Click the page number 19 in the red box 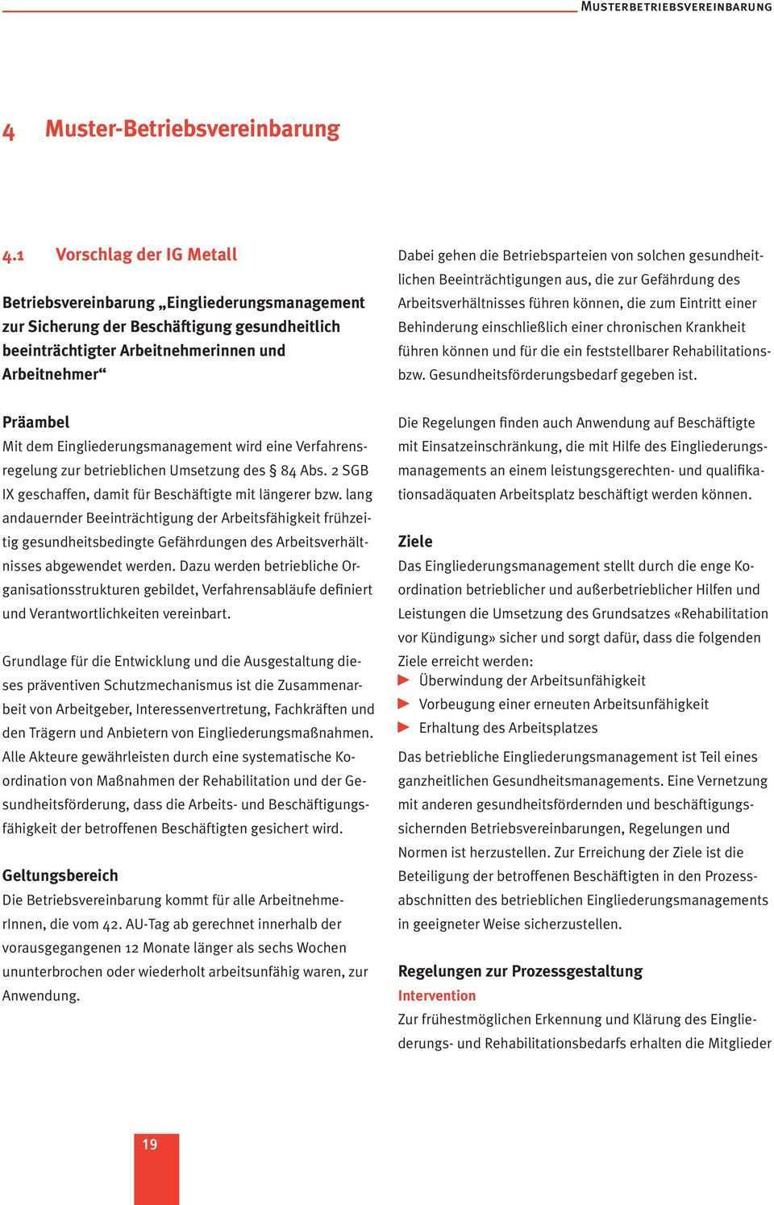coord(150,1145)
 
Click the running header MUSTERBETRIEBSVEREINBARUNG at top coord(676,6)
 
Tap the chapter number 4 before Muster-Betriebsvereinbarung coord(9,131)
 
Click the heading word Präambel coord(35,422)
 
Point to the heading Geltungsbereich coord(60,875)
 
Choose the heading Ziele coord(415,542)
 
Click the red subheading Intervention coord(436,995)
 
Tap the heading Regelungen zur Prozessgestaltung coord(520,971)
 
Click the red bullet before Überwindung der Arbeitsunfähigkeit coord(404,680)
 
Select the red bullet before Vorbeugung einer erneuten coord(404,704)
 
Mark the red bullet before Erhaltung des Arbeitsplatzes coord(404,728)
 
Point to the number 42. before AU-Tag coord(110,925)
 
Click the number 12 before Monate coord(133,948)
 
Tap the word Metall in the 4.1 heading coord(212,255)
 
